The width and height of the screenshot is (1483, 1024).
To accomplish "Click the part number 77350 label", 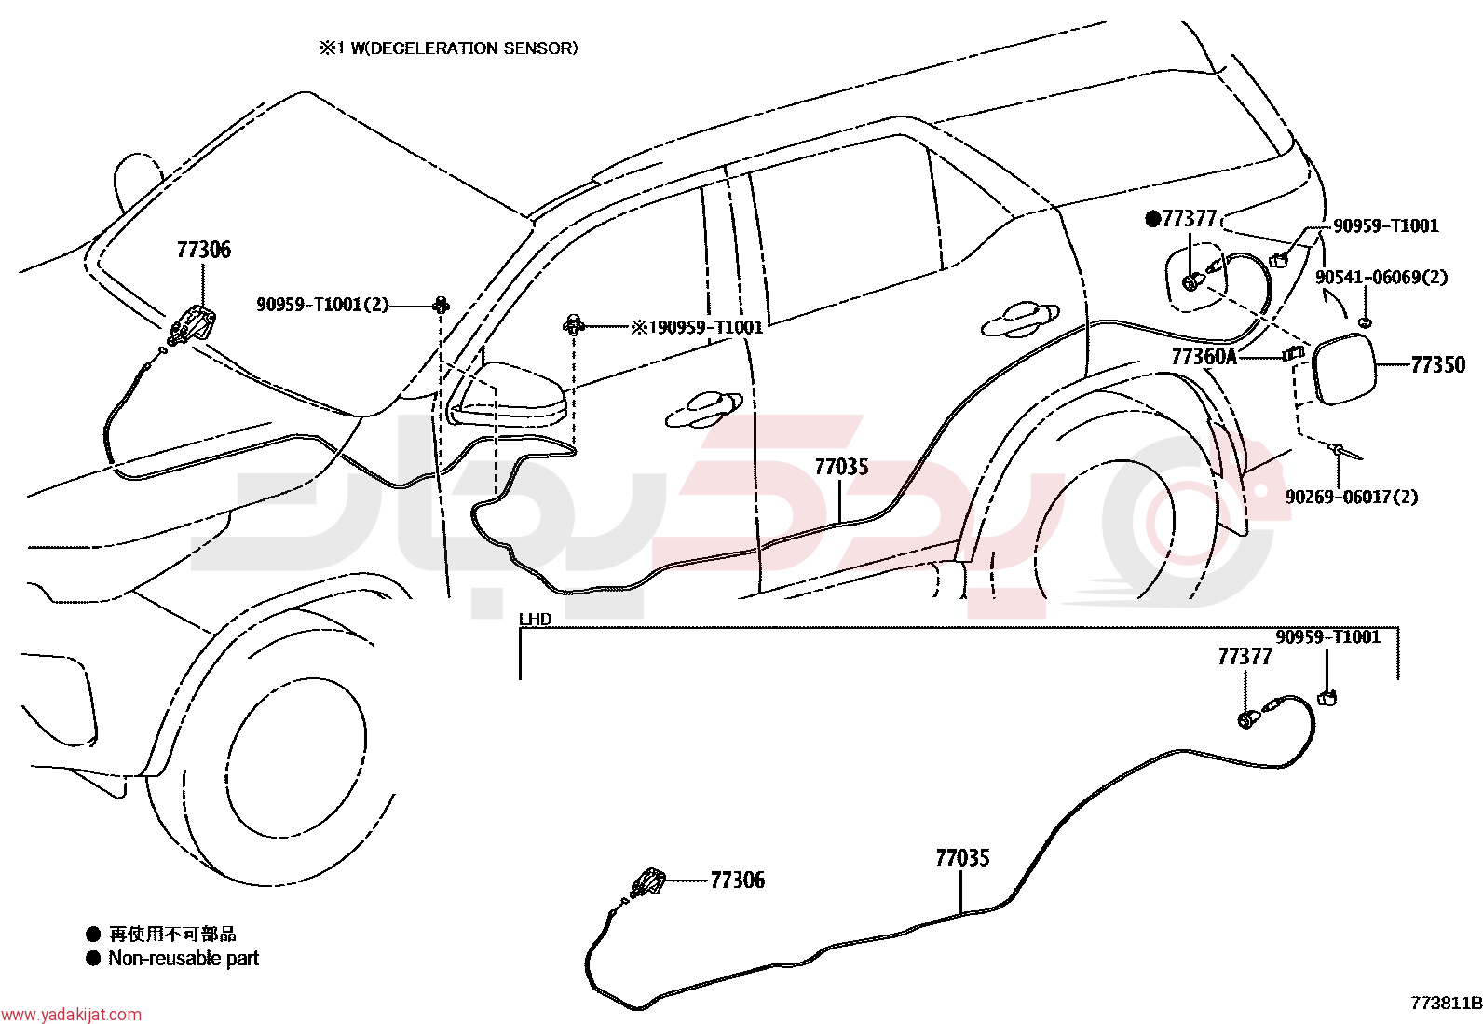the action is click(x=1438, y=365).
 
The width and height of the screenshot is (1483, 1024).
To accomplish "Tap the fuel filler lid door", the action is click(x=1343, y=369).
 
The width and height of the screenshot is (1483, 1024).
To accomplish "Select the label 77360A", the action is click(x=1204, y=357).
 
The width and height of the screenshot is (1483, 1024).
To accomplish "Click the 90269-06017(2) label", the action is click(x=1352, y=496).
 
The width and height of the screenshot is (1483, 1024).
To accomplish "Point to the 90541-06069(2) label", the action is click(x=1381, y=277).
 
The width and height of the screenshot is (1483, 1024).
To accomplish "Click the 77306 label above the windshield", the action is click(x=204, y=250).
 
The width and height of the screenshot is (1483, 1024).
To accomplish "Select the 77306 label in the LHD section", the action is click(x=738, y=881).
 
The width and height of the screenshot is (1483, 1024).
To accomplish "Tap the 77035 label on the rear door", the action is click(x=841, y=467).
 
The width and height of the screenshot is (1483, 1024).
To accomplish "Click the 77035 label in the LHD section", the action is click(x=962, y=858).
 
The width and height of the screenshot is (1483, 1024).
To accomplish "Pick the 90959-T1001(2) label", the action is click(x=322, y=305).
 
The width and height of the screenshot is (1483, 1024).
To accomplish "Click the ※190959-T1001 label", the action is click(x=697, y=327).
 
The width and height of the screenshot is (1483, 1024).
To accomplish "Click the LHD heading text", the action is click(x=535, y=620).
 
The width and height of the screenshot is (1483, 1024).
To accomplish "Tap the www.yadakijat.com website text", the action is click(x=71, y=1015).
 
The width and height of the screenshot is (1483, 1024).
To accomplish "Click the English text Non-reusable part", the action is click(x=184, y=959).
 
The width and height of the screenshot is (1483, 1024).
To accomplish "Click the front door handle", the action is click(x=703, y=409).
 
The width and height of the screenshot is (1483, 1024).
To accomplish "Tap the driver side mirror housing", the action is click(x=507, y=395).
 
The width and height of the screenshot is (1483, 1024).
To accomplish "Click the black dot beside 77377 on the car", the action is click(x=1152, y=219).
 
